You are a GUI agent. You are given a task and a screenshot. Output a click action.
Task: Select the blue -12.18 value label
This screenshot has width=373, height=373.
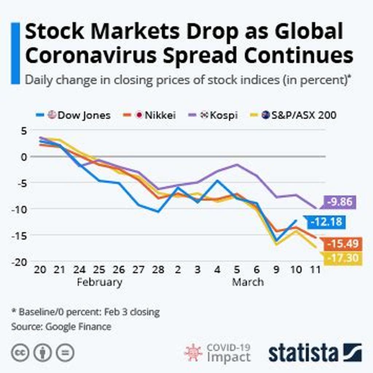325,221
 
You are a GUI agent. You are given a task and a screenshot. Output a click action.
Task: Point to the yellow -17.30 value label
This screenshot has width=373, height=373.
342,259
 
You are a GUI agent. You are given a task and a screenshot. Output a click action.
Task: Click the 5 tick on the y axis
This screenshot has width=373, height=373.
24,131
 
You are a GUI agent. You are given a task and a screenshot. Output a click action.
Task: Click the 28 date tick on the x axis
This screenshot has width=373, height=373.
158,270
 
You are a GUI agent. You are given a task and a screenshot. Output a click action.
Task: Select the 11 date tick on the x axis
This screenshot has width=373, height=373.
315,270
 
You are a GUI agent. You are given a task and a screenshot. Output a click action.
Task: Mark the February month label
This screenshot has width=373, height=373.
99,282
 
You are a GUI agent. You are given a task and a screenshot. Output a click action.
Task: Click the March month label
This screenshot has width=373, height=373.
248,282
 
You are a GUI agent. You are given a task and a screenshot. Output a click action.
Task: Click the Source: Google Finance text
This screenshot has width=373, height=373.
61,326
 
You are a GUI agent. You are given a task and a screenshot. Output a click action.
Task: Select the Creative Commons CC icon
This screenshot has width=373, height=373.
20,353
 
